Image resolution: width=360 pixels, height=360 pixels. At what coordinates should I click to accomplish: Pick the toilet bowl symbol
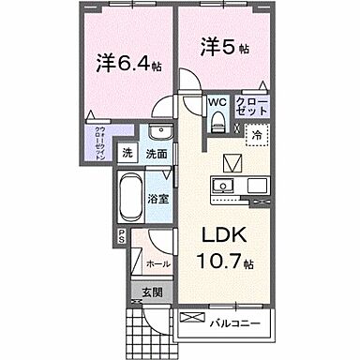[218, 119]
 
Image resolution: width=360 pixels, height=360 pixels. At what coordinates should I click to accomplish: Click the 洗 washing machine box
[128, 154]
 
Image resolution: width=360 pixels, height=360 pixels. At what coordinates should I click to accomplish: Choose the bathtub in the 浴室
[133, 197]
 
